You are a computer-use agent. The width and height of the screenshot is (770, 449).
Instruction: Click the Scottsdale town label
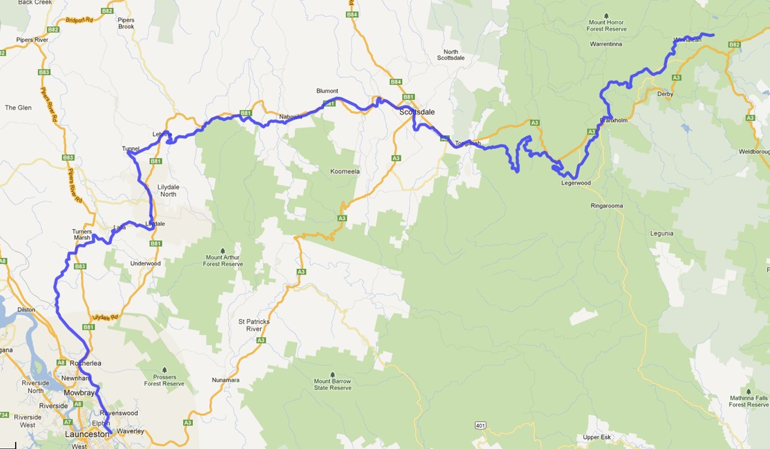[x=417, y=112]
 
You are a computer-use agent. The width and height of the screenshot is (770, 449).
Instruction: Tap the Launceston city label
[x=87, y=434]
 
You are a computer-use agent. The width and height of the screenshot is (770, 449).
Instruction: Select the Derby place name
[x=665, y=94]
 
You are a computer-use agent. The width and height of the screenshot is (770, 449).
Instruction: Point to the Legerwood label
[x=576, y=183]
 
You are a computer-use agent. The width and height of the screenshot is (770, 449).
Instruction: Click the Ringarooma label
[x=606, y=206]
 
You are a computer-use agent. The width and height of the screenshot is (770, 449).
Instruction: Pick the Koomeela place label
[x=345, y=171]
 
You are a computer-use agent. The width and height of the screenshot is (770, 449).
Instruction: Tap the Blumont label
[x=327, y=91]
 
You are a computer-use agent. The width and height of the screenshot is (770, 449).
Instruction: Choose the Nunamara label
[x=225, y=380]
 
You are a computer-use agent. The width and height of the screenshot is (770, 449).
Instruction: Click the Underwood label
[x=146, y=264]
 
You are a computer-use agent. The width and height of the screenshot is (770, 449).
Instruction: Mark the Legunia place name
[x=662, y=234]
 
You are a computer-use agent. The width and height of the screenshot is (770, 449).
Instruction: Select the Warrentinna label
[x=606, y=44]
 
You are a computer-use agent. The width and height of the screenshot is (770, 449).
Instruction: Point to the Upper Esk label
[x=597, y=437]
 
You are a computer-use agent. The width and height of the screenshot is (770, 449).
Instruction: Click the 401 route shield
[x=480, y=426]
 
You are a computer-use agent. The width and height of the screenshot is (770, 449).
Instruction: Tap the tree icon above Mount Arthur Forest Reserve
[x=223, y=250]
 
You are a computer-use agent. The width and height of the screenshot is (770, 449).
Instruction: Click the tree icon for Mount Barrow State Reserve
[x=332, y=374]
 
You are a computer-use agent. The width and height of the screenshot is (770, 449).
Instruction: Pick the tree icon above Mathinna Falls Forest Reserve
[x=749, y=391]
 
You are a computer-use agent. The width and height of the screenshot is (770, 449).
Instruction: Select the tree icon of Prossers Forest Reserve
[x=164, y=370]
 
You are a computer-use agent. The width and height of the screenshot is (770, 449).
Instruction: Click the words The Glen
[x=18, y=108]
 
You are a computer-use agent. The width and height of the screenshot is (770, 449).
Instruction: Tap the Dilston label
[x=26, y=310]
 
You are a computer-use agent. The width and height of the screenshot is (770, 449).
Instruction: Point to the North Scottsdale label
[x=451, y=54]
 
